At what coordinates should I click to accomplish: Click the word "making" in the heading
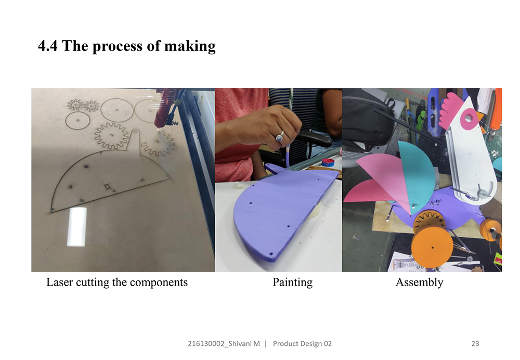(190, 46)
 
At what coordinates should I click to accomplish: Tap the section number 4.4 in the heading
(48, 46)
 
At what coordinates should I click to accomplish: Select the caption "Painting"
(292, 282)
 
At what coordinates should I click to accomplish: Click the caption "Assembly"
(420, 282)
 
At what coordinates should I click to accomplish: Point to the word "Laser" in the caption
(60, 282)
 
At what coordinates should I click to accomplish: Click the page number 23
(475, 343)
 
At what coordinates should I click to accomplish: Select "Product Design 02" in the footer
(302, 343)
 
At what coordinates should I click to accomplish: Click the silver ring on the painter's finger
(280, 136)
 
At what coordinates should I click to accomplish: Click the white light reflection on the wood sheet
(77, 227)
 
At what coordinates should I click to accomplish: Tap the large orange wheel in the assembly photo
(432, 247)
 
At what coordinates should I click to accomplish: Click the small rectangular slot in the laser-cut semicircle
(107, 187)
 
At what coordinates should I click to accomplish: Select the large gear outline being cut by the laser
(111, 135)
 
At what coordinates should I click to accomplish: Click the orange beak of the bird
(480, 116)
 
